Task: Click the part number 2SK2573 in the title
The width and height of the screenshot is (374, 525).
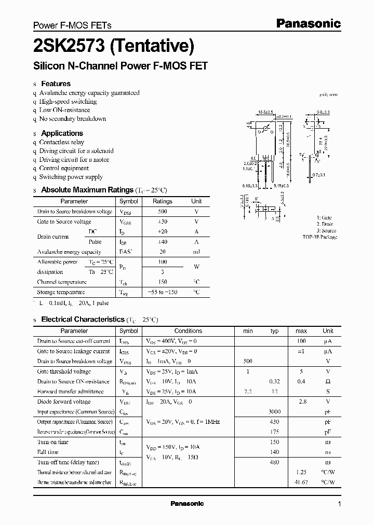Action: point(68,47)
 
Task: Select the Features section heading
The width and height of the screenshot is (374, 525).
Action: point(56,84)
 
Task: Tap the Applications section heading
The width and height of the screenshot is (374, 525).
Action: point(62,133)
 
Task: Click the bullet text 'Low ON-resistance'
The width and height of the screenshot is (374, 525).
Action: point(64,110)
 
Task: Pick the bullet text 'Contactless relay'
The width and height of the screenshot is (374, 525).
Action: point(61,142)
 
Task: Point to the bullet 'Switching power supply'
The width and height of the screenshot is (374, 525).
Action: point(71,177)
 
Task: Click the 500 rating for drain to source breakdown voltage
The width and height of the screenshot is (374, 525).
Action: point(162,212)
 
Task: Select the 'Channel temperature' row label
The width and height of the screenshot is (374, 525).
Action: point(61,282)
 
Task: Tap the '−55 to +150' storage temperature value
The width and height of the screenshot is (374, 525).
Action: point(162,292)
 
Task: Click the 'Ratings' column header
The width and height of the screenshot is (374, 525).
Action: point(162,201)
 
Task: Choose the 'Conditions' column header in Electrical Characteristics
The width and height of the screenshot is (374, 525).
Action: point(188,331)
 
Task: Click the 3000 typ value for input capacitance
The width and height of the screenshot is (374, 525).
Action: point(274,412)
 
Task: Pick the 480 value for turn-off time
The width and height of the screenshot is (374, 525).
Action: point(274,462)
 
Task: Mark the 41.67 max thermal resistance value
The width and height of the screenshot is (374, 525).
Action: point(301,482)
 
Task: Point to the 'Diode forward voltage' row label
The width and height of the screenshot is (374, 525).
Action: point(63,402)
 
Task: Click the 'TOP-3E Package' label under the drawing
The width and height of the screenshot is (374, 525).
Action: point(319,237)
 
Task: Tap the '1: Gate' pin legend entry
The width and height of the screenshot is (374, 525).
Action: point(324,218)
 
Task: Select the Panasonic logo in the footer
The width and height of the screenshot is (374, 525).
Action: point(187,504)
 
